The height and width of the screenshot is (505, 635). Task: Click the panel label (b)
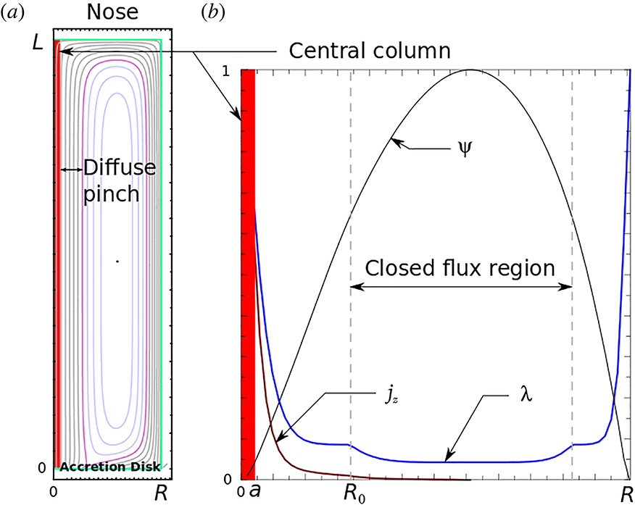point(214,12)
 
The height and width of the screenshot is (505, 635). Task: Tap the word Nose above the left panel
point(112,13)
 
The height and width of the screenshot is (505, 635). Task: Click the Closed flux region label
point(460,267)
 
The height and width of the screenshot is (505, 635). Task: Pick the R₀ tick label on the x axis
point(352,493)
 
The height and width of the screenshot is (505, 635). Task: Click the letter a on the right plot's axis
point(254,492)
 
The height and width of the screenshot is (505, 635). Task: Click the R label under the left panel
point(162,493)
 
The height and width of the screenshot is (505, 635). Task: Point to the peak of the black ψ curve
point(470,70)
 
